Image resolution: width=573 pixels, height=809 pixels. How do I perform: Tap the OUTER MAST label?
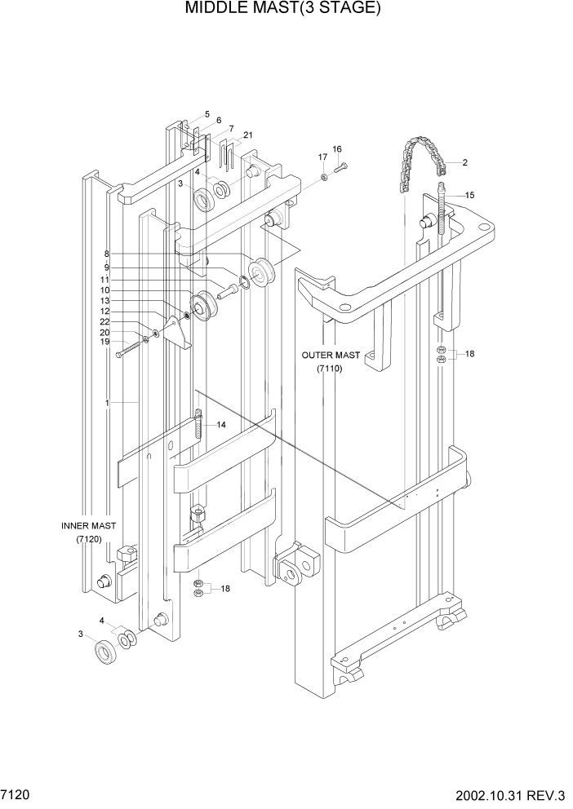click(330, 356)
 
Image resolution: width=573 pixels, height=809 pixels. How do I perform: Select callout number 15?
click(469, 195)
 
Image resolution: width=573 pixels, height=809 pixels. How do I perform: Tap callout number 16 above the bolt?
click(336, 149)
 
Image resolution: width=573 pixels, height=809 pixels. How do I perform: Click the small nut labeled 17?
click(324, 176)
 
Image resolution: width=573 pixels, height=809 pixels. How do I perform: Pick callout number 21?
click(247, 135)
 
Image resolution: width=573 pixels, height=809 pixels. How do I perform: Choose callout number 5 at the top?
click(207, 114)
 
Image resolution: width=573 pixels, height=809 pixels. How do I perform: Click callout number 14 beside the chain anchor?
click(220, 426)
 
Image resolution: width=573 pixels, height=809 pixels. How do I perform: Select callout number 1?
click(108, 403)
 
